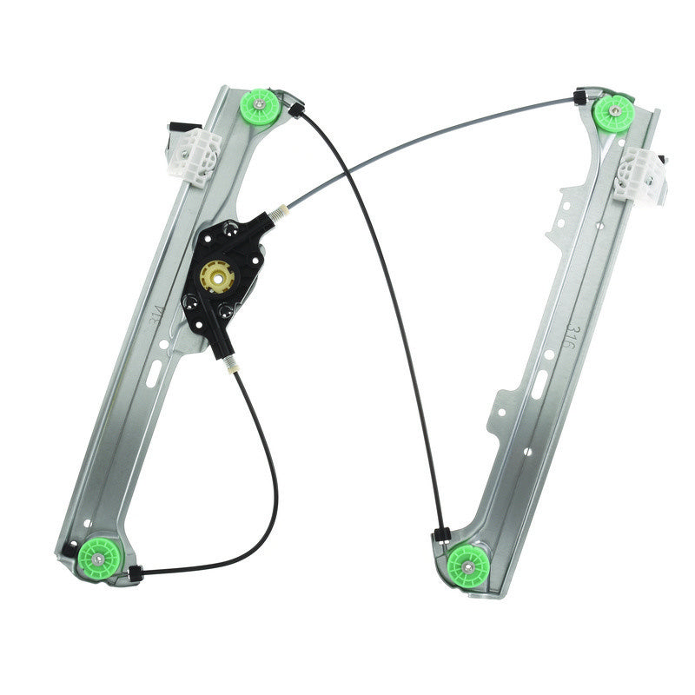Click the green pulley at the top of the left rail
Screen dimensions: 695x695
coord(260,108)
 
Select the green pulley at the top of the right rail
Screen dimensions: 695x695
coord(614,113)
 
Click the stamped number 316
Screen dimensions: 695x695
coord(571,338)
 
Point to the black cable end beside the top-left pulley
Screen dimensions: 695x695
coord(295,109)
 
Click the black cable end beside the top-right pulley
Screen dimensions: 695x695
coord(579,98)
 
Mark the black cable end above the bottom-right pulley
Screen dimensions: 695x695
coord(440,533)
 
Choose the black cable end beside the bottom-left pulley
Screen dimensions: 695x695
coord(135,573)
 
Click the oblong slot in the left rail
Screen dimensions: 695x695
coord(154,374)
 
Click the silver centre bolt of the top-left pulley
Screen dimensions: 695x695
coord(260,108)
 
